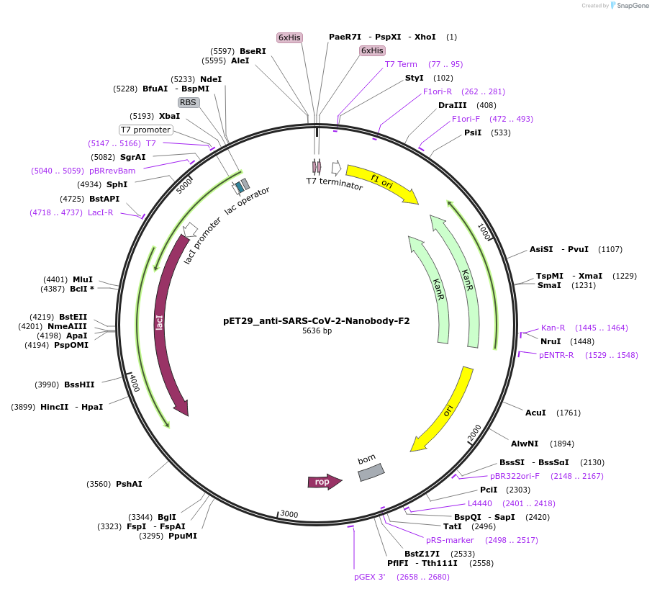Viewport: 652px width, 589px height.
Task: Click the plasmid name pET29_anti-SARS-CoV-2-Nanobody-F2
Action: point(317,321)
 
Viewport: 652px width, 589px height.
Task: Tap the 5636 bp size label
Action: point(317,331)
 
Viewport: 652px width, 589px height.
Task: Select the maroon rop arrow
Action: point(324,482)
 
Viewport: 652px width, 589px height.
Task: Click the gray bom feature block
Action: point(371,472)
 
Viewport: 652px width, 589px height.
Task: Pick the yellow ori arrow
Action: point(443,411)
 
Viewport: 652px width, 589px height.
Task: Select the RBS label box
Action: point(188,102)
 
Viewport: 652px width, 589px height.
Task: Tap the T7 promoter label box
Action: point(146,130)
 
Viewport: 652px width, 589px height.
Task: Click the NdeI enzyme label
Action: point(211,79)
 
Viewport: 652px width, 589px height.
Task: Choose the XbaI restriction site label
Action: point(170,116)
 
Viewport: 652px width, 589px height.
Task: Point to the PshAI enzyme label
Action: point(129,484)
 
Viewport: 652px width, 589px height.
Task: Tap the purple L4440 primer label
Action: point(480,503)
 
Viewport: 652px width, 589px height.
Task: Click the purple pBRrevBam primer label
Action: point(112,171)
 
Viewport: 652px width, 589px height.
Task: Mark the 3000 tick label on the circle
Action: point(289,513)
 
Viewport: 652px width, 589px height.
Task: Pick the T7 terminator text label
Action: point(335,183)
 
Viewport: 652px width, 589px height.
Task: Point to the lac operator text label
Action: point(247,201)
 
